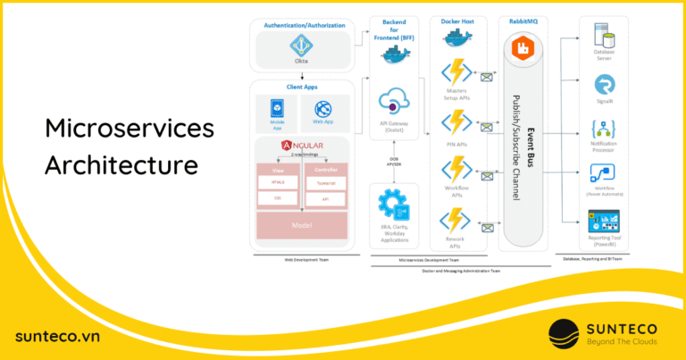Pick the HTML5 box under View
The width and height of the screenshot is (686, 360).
click(x=277, y=181)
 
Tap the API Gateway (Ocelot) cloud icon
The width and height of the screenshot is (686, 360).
click(x=393, y=105)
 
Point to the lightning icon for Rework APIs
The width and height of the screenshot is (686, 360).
click(x=456, y=222)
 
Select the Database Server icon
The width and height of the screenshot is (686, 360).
click(x=604, y=36)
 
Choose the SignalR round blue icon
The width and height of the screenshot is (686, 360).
click(x=604, y=85)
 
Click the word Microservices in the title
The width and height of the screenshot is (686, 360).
click(x=130, y=130)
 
